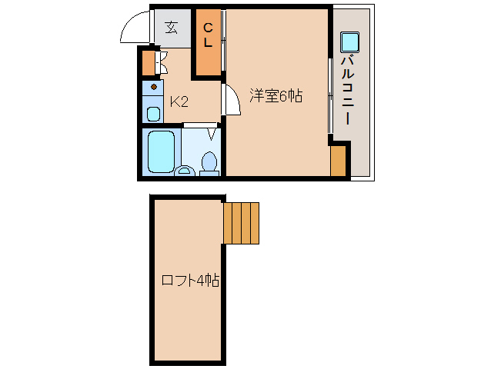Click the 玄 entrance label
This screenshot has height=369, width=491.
click(x=171, y=28)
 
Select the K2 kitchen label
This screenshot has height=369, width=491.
click(x=179, y=101)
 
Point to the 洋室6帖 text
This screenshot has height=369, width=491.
click(x=275, y=96)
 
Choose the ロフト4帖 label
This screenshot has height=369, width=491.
click(x=189, y=281)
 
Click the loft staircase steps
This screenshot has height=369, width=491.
click(x=241, y=221)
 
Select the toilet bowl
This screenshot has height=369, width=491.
click(x=209, y=163)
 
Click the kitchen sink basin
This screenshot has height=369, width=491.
click(x=153, y=115)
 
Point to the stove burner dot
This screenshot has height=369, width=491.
click(x=153, y=87)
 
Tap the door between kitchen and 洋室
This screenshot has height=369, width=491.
click(x=229, y=101)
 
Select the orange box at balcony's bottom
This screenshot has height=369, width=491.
click(x=338, y=160)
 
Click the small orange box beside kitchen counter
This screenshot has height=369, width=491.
click(x=149, y=62)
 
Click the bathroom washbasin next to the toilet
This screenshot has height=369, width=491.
click(x=185, y=170)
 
